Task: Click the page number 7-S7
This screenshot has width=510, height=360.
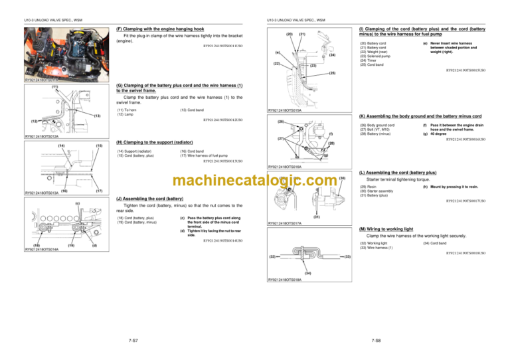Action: [133, 340]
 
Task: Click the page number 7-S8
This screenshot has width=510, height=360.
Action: [376, 340]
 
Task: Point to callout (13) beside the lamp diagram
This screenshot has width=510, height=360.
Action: [97, 115]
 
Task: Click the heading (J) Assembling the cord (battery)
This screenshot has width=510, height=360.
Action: [149, 198]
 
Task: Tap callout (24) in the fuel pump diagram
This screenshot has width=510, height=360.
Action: [331, 55]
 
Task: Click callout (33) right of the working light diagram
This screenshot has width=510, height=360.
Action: [347, 256]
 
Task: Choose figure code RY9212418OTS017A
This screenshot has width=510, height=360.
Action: [284, 223]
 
